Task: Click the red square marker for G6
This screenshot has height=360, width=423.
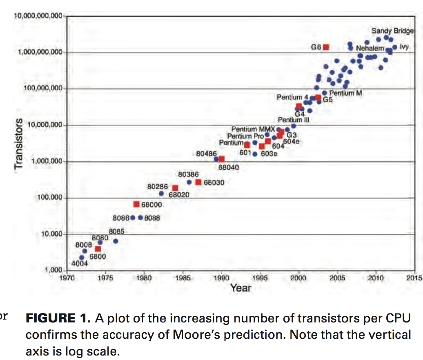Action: (326, 47)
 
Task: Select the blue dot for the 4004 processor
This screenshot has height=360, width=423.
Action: (82, 258)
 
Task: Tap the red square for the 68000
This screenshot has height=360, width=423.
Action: (136, 204)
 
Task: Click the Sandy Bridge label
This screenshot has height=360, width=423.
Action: (392, 31)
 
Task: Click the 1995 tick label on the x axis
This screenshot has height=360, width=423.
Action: (260, 278)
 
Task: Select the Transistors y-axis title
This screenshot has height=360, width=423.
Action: (18, 144)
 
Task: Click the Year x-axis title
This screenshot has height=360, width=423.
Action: (240, 288)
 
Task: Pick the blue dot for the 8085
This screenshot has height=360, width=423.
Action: (116, 241)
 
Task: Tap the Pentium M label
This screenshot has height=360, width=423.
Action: (345, 93)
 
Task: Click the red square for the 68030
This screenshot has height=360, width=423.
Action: (198, 182)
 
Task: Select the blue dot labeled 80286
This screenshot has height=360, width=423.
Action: (161, 193)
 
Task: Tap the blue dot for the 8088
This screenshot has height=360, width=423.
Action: (140, 218)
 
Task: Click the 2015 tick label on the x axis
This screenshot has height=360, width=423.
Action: (414, 278)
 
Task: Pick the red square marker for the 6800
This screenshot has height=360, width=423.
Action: (98, 249)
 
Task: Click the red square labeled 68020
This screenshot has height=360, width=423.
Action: (175, 188)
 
